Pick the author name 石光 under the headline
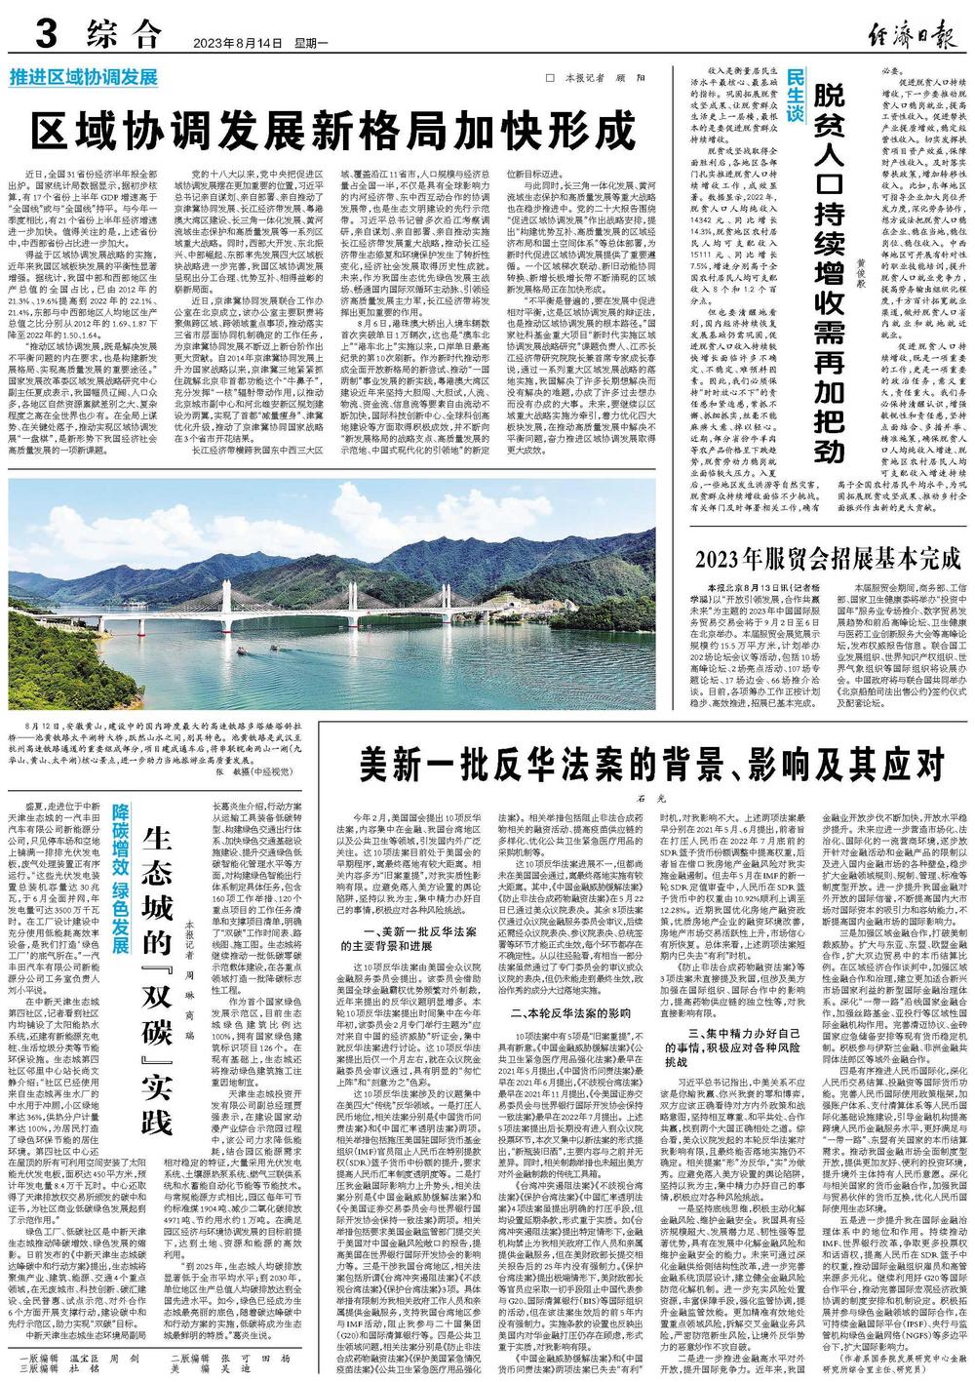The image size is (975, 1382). [x=643, y=796]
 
